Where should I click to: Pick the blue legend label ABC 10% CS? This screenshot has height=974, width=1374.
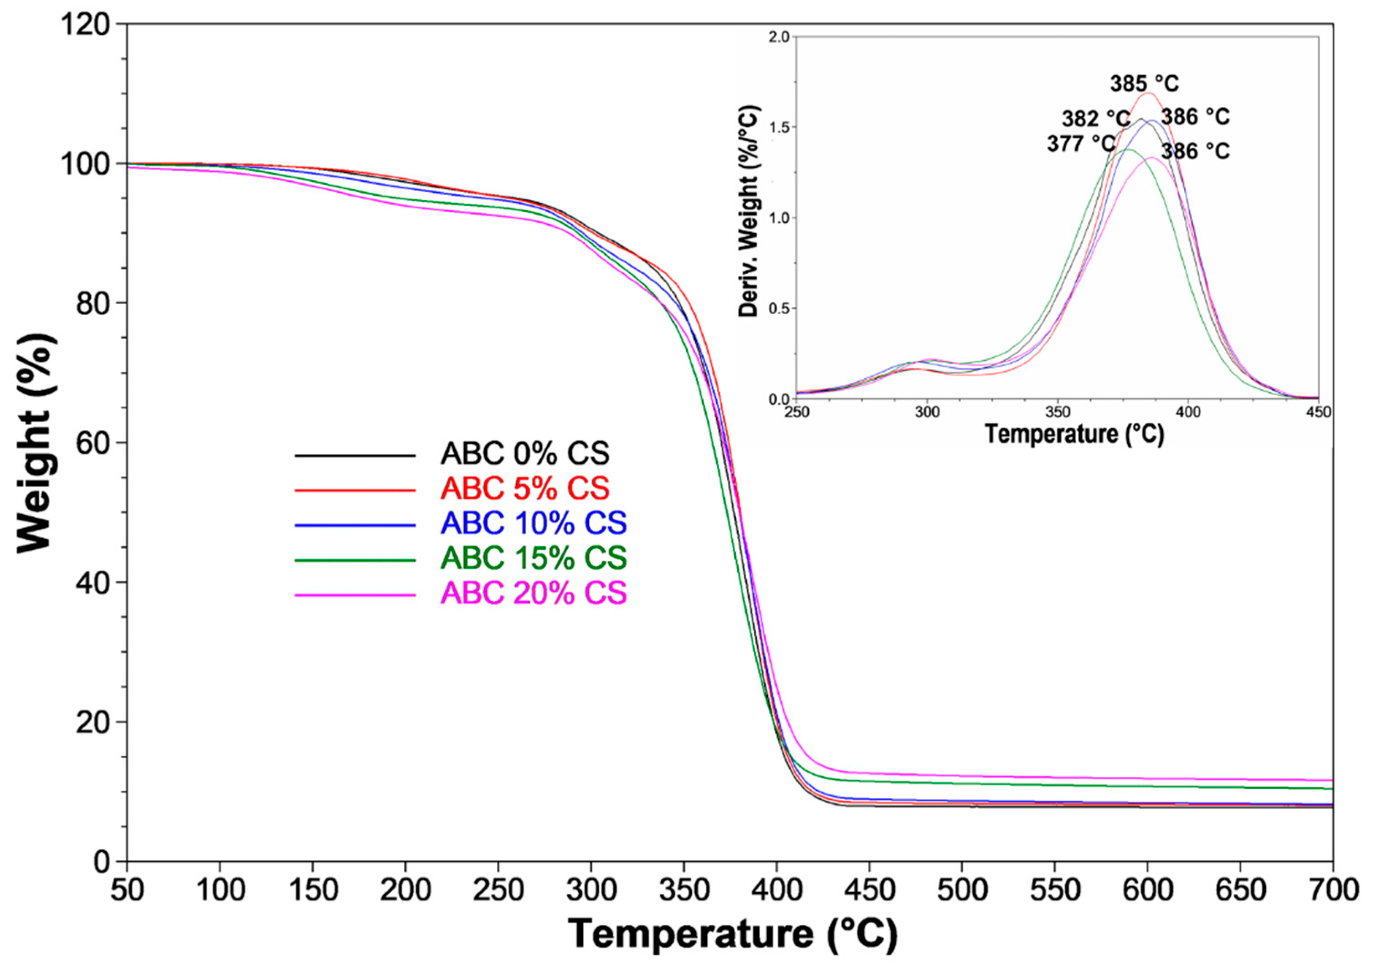tap(534, 524)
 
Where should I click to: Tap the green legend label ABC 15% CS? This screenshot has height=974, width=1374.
tap(534, 558)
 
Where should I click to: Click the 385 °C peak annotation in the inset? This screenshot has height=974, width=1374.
tap(1144, 83)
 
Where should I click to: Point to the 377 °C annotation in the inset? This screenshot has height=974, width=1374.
tap(1081, 144)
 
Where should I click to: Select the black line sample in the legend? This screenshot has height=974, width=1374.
tap(355, 455)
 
